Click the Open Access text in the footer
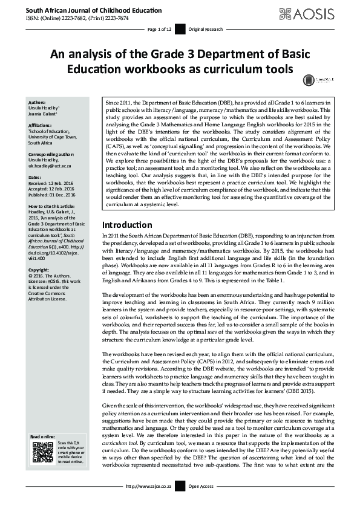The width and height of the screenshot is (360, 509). tap(201, 502)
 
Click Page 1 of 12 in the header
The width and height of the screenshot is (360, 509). tap(160, 29)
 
